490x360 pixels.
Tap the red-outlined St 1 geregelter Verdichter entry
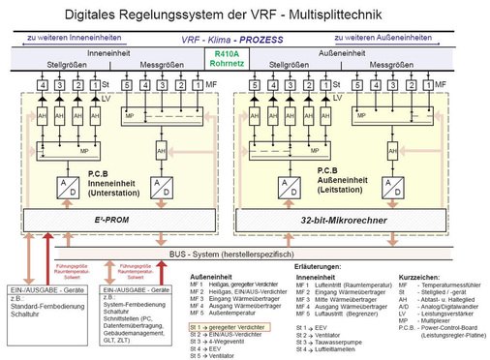tap(233, 329)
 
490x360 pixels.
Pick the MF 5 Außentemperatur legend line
tap(231, 313)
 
